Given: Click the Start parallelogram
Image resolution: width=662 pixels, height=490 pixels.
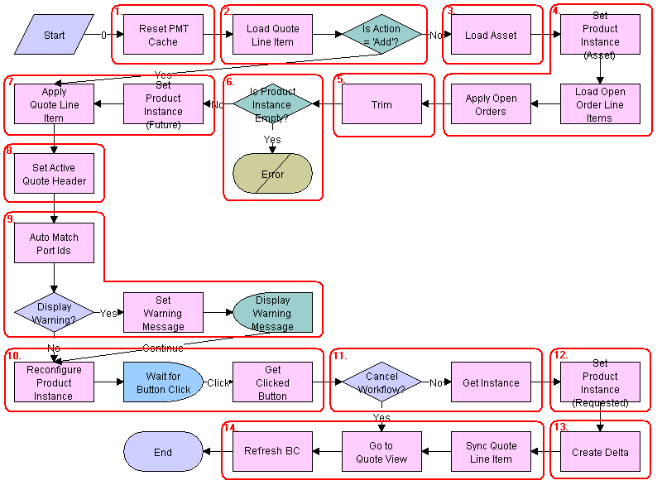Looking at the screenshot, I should coord(54,36).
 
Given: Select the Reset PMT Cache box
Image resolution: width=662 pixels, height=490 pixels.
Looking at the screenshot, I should coord(163,36).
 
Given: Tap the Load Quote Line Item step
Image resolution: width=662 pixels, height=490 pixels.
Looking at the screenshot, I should coord(272,36).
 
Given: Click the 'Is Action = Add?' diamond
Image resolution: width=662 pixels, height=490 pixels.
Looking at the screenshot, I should coord(381,36).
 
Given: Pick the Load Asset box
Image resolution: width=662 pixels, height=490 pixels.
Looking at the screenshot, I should coord(491,36).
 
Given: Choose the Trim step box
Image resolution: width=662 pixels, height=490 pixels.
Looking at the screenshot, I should coord(381,105).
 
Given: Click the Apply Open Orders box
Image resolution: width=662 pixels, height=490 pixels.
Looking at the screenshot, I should coord(491,105).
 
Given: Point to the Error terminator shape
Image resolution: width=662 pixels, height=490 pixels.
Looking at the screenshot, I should coord(272,175).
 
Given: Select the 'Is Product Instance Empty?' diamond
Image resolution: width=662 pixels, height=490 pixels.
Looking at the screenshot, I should coord(272,104).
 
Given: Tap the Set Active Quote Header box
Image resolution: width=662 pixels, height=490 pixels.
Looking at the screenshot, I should coord(54,175).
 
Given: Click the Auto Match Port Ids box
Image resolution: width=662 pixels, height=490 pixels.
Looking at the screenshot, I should coord(54,243).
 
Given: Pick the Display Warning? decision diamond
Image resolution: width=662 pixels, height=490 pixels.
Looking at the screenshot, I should coord(54,313).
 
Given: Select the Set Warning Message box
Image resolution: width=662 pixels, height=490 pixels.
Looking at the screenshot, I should coord(163,313).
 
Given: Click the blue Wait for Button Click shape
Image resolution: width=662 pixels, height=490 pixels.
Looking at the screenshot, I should coord(163,382).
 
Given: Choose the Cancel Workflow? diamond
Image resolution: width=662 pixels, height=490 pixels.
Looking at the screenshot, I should coord(381,382).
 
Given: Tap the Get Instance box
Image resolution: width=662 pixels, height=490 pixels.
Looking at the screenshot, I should coord(491,382).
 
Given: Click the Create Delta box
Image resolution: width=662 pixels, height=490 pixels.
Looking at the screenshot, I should coord(600,452).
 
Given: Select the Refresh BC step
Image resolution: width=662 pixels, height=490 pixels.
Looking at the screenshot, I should coord(272,452).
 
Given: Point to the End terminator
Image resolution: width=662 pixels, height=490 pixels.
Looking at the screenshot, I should coord(163,452).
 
